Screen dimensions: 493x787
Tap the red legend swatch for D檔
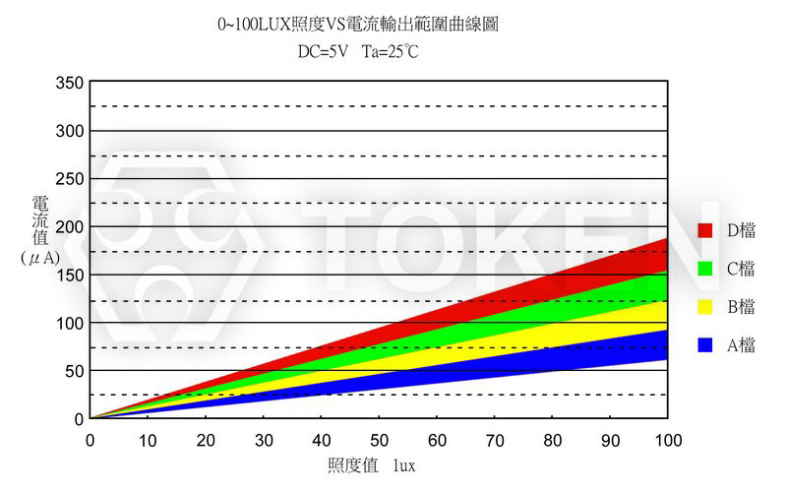[704, 230]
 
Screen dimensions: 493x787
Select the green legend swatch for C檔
[704, 269]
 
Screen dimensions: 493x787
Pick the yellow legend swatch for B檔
[704, 307]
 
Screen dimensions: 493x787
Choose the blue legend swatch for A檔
[704, 345]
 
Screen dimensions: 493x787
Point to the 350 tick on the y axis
[71, 84]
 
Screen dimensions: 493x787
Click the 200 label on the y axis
[71, 227]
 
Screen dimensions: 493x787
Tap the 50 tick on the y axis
[75, 371]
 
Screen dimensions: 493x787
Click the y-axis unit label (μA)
[40, 257]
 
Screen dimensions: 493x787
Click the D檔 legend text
[741, 230]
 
